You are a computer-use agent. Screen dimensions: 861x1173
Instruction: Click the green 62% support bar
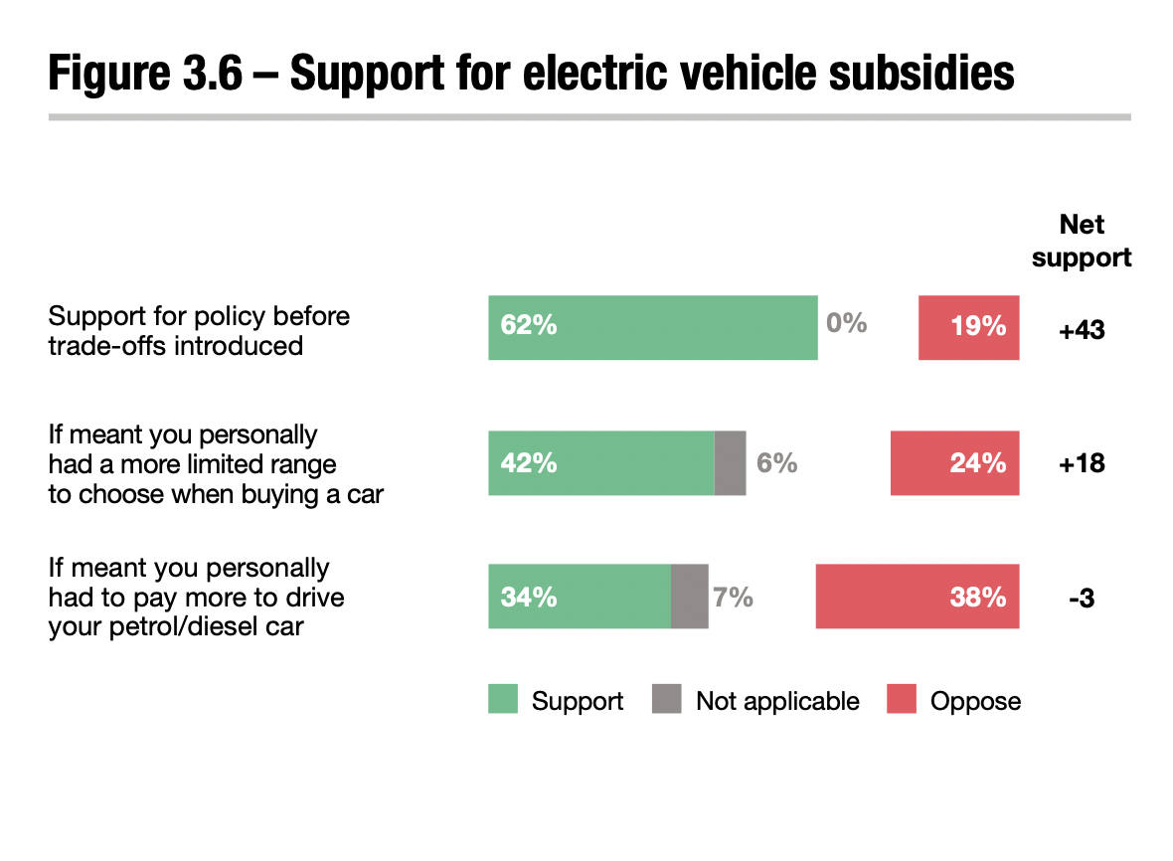(x=652, y=327)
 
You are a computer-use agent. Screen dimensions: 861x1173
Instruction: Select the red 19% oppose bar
(x=968, y=327)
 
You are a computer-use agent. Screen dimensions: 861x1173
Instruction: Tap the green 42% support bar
(x=600, y=462)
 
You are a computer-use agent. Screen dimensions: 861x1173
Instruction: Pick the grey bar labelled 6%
(x=730, y=462)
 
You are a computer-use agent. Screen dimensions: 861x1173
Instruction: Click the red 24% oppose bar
(x=954, y=462)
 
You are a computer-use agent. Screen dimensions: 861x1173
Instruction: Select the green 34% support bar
(x=580, y=597)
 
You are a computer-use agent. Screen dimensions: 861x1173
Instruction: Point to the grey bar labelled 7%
(x=689, y=597)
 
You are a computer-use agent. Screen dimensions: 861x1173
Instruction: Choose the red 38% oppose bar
(x=917, y=597)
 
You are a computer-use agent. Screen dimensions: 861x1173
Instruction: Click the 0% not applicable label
(x=846, y=324)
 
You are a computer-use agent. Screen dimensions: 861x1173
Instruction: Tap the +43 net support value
(x=1082, y=329)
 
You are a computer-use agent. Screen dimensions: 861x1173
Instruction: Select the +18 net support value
(x=1082, y=463)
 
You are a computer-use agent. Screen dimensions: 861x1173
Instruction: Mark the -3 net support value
(x=1081, y=598)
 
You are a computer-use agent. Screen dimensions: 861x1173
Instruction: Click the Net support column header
(x=1082, y=241)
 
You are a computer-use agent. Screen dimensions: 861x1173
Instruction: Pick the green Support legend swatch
(x=503, y=700)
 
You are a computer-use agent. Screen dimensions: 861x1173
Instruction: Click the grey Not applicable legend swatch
(x=667, y=700)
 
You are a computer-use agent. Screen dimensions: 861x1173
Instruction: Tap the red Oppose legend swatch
(x=901, y=700)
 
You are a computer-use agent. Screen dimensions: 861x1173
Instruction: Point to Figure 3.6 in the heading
(x=145, y=74)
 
